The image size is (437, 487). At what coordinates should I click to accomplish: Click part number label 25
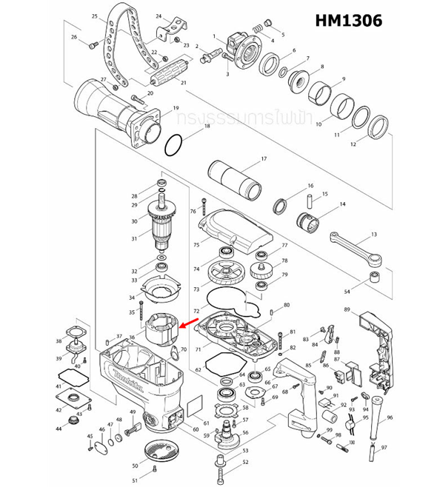pos(94,16)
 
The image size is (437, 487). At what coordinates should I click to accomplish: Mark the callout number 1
pos(213,36)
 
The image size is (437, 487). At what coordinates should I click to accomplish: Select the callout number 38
pos(59,341)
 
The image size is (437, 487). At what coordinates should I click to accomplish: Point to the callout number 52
pos(245,463)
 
